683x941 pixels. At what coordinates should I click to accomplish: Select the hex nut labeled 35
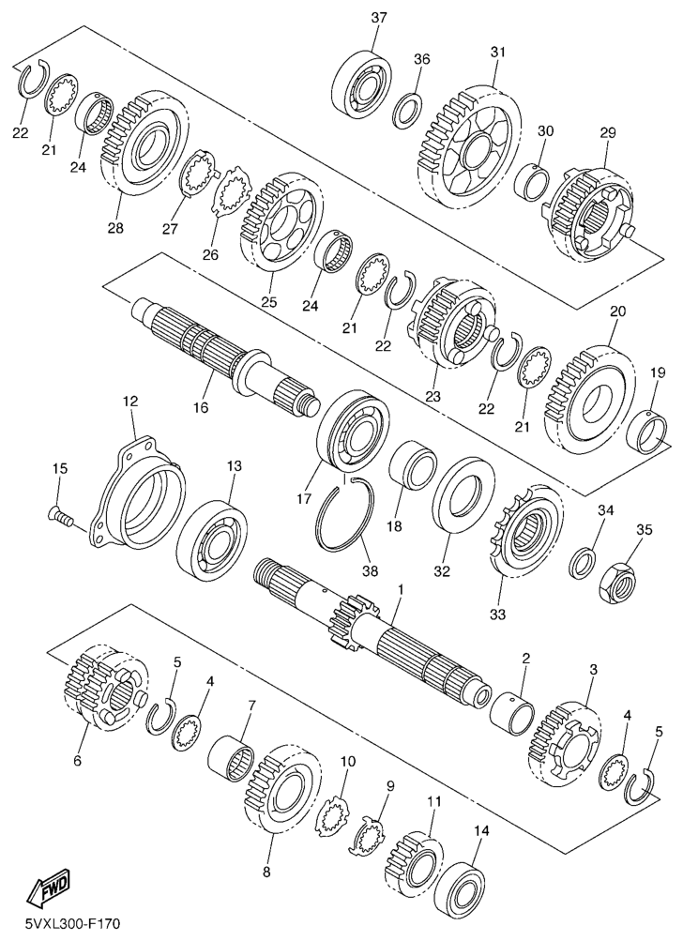pyautogui.click(x=617, y=579)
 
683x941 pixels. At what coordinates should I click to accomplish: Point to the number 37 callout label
pyautogui.click(x=379, y=18)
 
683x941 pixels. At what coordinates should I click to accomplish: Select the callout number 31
pyautogui.click(x=498, y=53)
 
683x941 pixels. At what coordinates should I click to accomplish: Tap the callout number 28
pyautogui.click(x=115, y=228)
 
